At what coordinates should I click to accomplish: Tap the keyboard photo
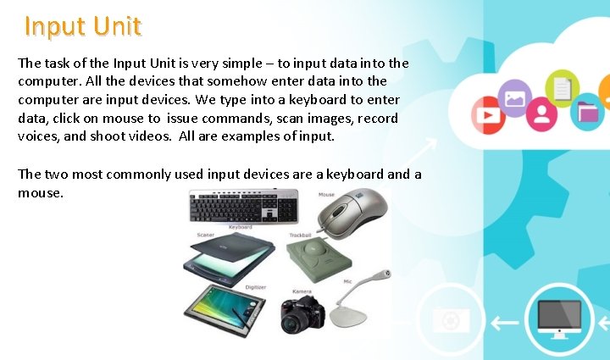(x=242, y=206)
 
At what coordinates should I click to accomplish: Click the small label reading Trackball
(x=301, y=235)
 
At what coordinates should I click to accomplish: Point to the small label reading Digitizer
(x=256, y=287)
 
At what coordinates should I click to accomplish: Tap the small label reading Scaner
(x=205, y=235)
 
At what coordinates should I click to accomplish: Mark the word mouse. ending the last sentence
(x=39, y=192)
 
